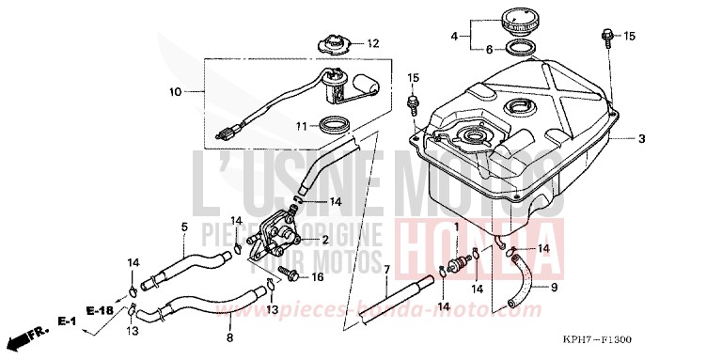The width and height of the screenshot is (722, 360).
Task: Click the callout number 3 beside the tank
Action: coord(641,139)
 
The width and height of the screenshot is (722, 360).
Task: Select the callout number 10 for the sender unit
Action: coord(174,92)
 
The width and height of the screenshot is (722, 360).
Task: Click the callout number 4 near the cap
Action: coord(454,37)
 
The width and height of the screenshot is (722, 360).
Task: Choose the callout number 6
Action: coord(487,49)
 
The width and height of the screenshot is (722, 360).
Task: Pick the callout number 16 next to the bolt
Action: coord(317,276)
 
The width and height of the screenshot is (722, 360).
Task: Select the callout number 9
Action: coord(554,289)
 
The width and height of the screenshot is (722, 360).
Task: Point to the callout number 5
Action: coord(184,227)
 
